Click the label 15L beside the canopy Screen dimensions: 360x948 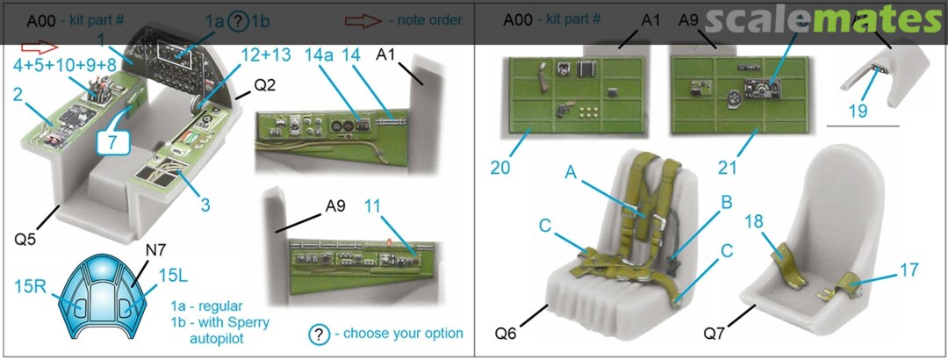click(171, 276)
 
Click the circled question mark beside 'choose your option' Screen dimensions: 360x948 click(320, 334)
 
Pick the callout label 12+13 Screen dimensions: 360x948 click(264, 54)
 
